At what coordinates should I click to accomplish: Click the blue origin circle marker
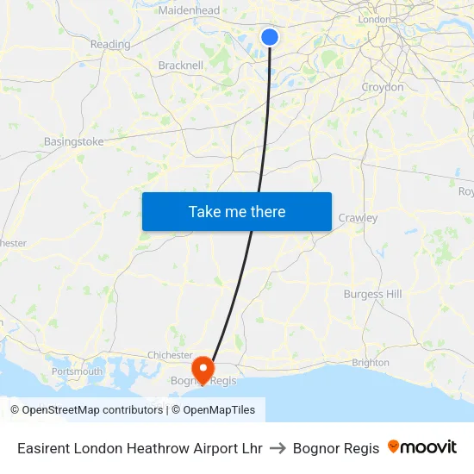click(x=270, y=37)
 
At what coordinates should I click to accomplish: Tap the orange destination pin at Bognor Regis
click(x=203, y=370)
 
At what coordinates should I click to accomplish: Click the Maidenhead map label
click(x=189, y=10)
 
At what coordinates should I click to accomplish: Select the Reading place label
click(x=110, y=44)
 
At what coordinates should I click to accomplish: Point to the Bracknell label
click(x=181, y=65)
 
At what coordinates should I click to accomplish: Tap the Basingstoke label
click(x=73, y=141)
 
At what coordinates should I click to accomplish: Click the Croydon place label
click(x=382, y=87)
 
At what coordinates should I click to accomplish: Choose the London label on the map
click(x=373, y=19)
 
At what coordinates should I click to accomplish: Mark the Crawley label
click(x=358, y=218)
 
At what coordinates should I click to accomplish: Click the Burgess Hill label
click(x=372, y=294)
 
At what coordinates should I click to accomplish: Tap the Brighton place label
click(x=371, y=363)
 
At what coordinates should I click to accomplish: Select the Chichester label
click(x=170, y=354)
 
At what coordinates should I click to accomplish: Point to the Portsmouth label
click(x=77, y=371)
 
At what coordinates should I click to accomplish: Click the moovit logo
click(x=422, y=447)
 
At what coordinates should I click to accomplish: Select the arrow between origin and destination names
click(x=278, y=448)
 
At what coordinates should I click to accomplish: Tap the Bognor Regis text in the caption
click(x=336, y=448)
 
